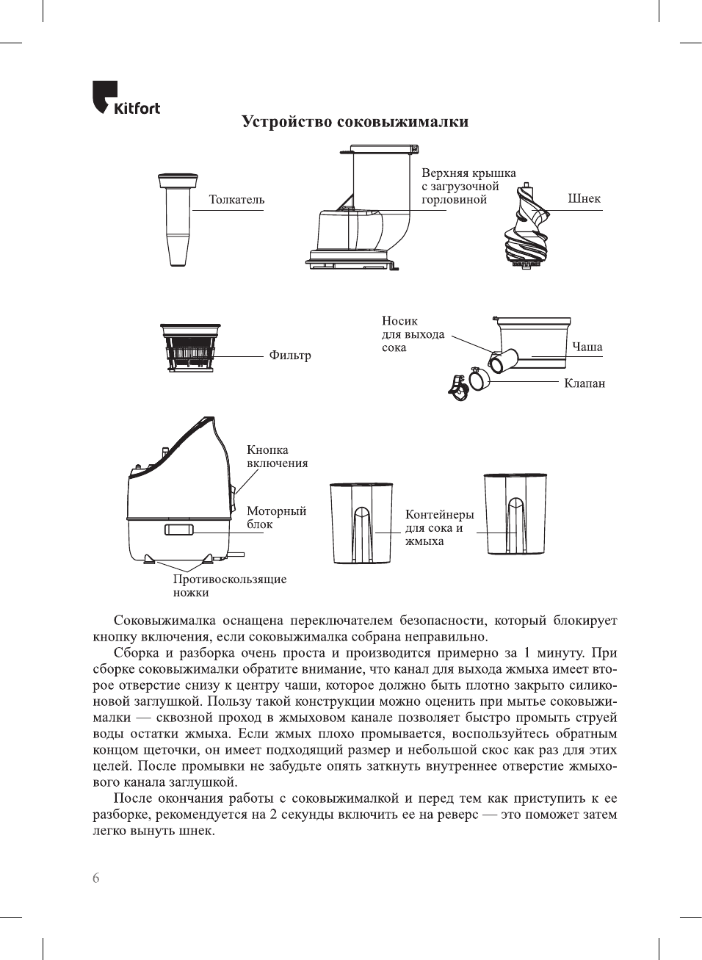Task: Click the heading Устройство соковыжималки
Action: [355, 122]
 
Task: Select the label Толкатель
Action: [236, 200]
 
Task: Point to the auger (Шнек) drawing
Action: [526, 227]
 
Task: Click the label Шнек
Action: [584, 198]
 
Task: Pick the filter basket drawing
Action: [190, 348]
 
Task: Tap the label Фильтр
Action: [289, 356]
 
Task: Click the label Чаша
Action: [587, 347]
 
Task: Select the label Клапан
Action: [584, 383]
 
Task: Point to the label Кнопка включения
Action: [277, 456]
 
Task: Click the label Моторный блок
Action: [276, 517]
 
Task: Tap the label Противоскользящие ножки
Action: [229, 585]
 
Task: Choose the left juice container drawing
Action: [361, 522]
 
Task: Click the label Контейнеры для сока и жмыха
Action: [439, 527]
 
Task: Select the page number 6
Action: [96, 878]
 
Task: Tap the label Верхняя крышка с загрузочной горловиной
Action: [468, 187]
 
